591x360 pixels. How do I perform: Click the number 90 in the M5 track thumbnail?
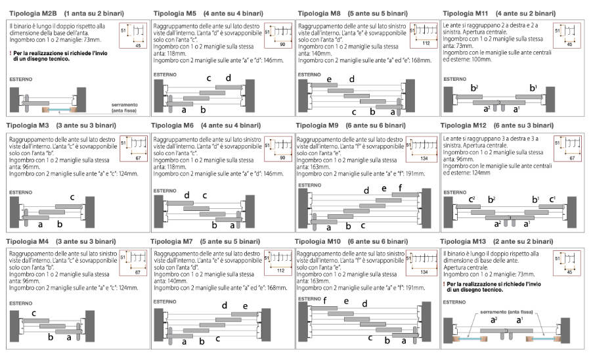(281, 44)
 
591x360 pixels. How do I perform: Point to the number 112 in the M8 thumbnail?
(426, 43)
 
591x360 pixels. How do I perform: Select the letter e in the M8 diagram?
(330, 79)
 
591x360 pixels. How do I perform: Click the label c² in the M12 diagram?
(471, 198)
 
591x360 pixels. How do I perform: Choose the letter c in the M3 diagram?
(72, 198)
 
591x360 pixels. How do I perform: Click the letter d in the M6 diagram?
(186, 194)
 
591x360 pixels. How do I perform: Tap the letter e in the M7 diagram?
(245, 306)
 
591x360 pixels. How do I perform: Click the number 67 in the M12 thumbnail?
(571, 158)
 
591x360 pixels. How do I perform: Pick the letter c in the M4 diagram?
(34, 313)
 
